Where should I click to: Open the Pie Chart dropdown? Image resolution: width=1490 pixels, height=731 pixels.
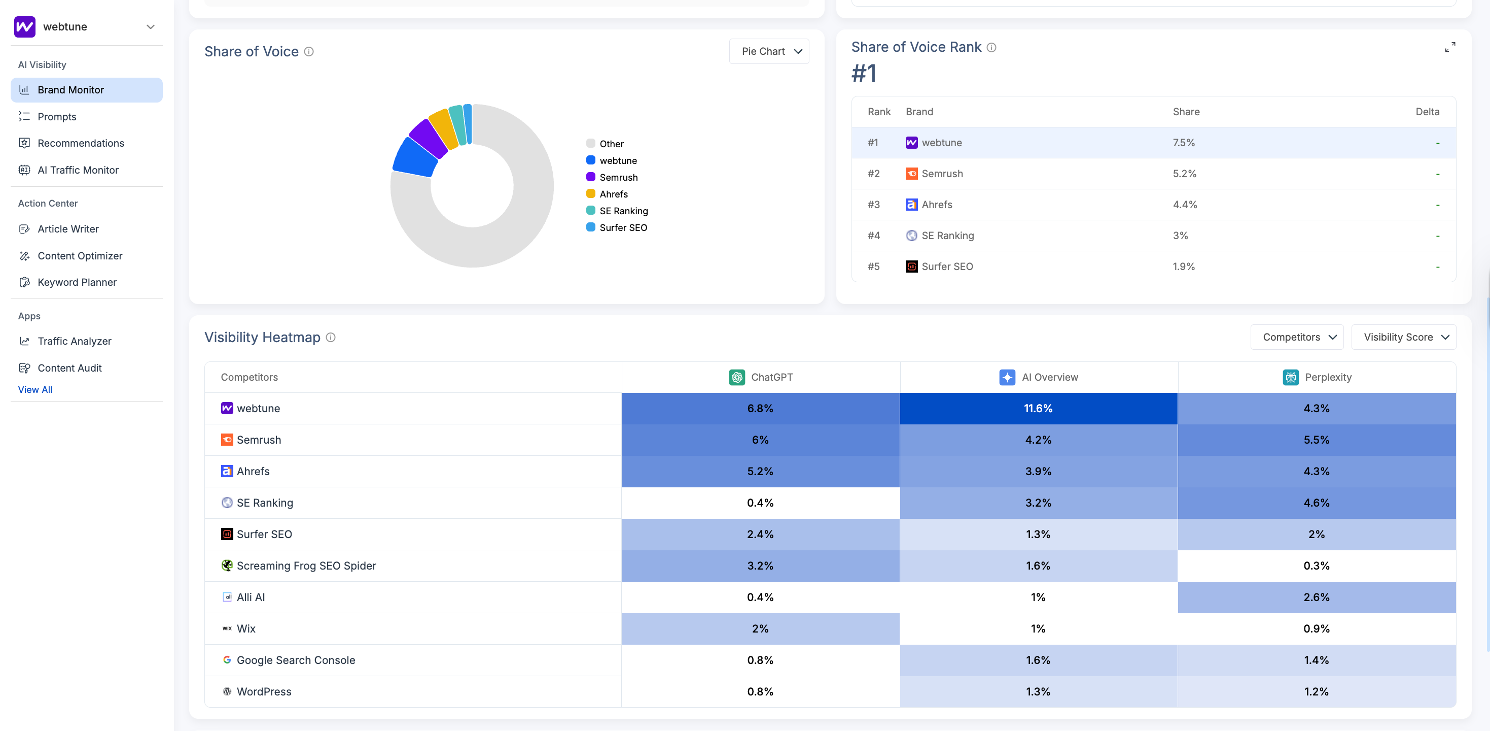click(x=769, y=51)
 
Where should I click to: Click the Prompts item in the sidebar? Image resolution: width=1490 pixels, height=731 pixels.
click(x=57, y=117)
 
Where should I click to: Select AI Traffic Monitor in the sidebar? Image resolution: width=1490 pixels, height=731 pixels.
click(x=78, y=170)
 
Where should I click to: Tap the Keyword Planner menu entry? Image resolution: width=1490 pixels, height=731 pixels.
click(x=77, y=282)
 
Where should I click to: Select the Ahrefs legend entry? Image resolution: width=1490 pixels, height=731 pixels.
click(x=613, y=194)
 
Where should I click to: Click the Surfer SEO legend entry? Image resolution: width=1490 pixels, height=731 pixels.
click(x=622, y=227)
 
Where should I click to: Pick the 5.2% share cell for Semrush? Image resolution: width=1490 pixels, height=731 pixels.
click(x=1184, y=174)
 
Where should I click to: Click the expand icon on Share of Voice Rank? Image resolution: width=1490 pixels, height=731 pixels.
click(x=1449, y=47)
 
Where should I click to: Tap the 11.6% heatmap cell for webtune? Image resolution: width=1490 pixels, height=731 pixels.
click(x=1038, y=409)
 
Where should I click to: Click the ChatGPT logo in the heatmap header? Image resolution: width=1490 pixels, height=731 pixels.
click(x=736, y=377)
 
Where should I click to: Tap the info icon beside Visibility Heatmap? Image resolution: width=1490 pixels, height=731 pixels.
click(x=330, y=338)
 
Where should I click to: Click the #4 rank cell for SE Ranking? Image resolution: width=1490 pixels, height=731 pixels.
click(x=873, y=236)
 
